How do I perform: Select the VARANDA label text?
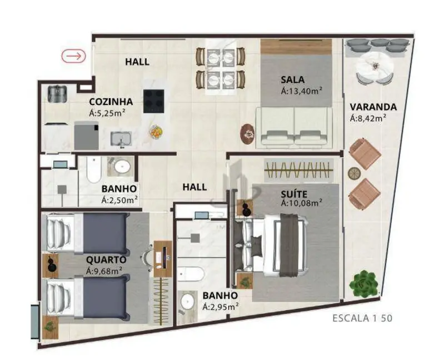coord(373,107)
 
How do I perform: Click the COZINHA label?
coord(111,102)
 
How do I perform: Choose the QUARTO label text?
coord(106,260)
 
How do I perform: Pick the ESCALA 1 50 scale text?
coord(363,318)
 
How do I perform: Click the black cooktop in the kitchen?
coord(155,101)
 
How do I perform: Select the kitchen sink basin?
coord(121,138)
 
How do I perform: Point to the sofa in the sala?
coord(294,127)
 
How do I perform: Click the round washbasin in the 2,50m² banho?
coord(121,167)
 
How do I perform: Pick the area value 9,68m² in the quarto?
coord(104,271)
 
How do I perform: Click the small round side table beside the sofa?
coord(247,133)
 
